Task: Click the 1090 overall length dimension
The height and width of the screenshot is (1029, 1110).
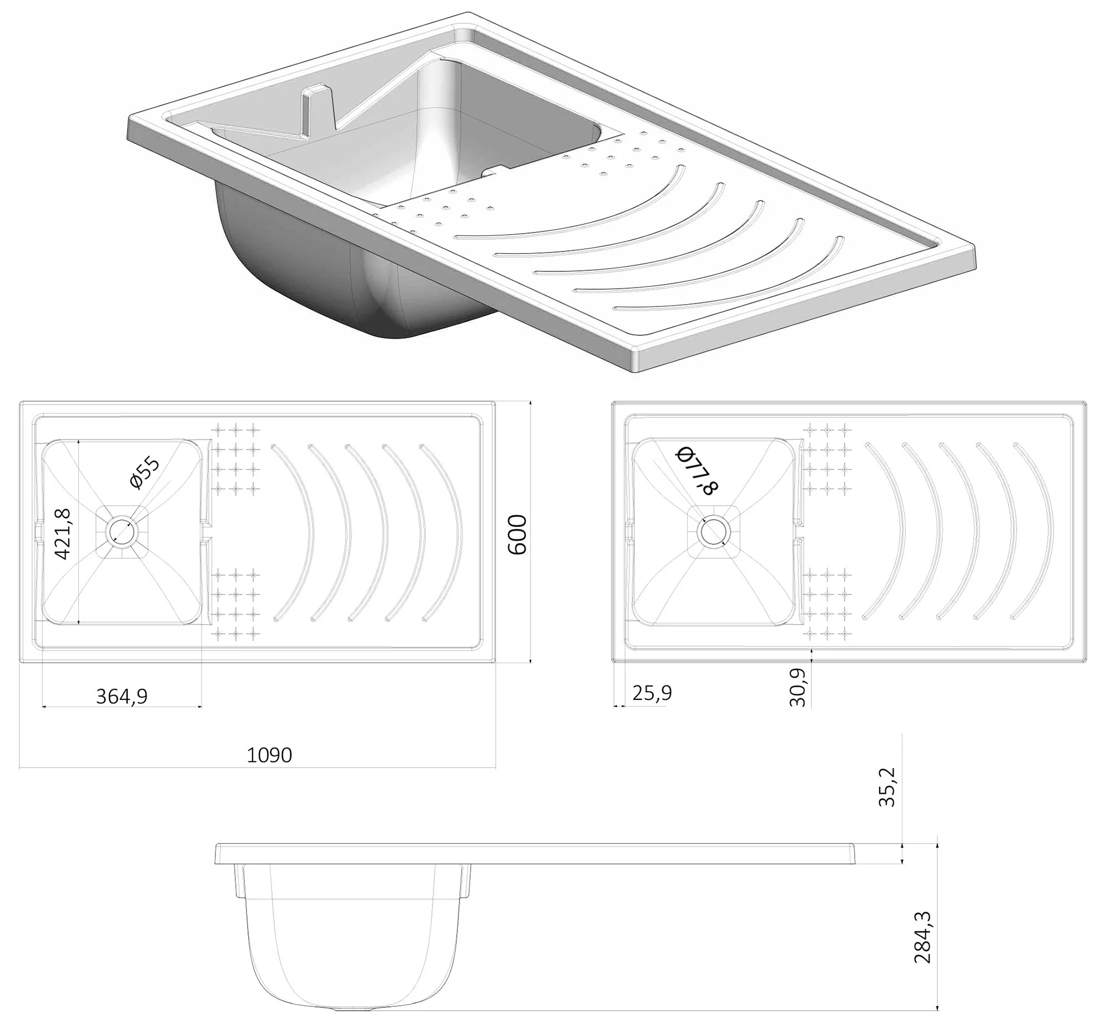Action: click(x=269, y=754)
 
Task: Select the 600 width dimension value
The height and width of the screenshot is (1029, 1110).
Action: click(x=518, y=534)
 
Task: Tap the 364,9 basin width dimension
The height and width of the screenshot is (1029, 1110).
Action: click(x=122, y=696)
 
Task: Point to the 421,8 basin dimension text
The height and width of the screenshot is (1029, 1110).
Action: click(x=62, y=533)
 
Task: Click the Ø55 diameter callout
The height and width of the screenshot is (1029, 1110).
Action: click(x=145, y=473)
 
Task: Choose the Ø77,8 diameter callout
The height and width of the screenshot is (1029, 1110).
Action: click(x=696, y=471)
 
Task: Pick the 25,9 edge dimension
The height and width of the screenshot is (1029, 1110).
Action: click(x=652, y=693)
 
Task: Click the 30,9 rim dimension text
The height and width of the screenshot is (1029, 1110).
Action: click(x=798, y=687)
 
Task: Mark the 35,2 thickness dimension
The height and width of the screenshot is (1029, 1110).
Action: click(x=887, y=787)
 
